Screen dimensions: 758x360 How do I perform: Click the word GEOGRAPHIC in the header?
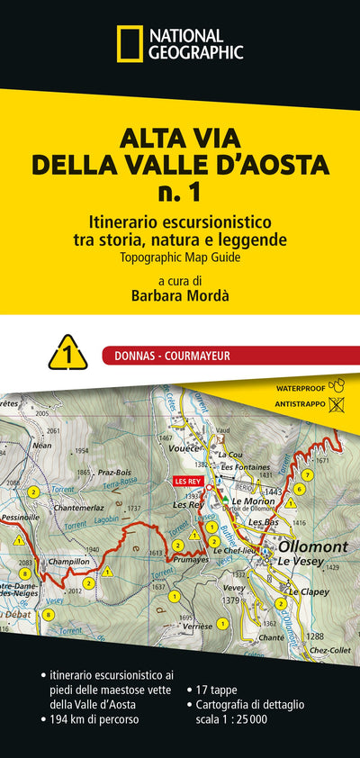[x=196, y=52]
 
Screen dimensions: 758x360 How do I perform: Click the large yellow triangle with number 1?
[x=67, y=353]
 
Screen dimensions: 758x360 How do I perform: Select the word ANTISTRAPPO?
[x=293, y=404]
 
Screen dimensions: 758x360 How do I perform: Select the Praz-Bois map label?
[x=115, y=471]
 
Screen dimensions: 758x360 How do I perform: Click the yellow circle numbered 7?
[x=308, y=474]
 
